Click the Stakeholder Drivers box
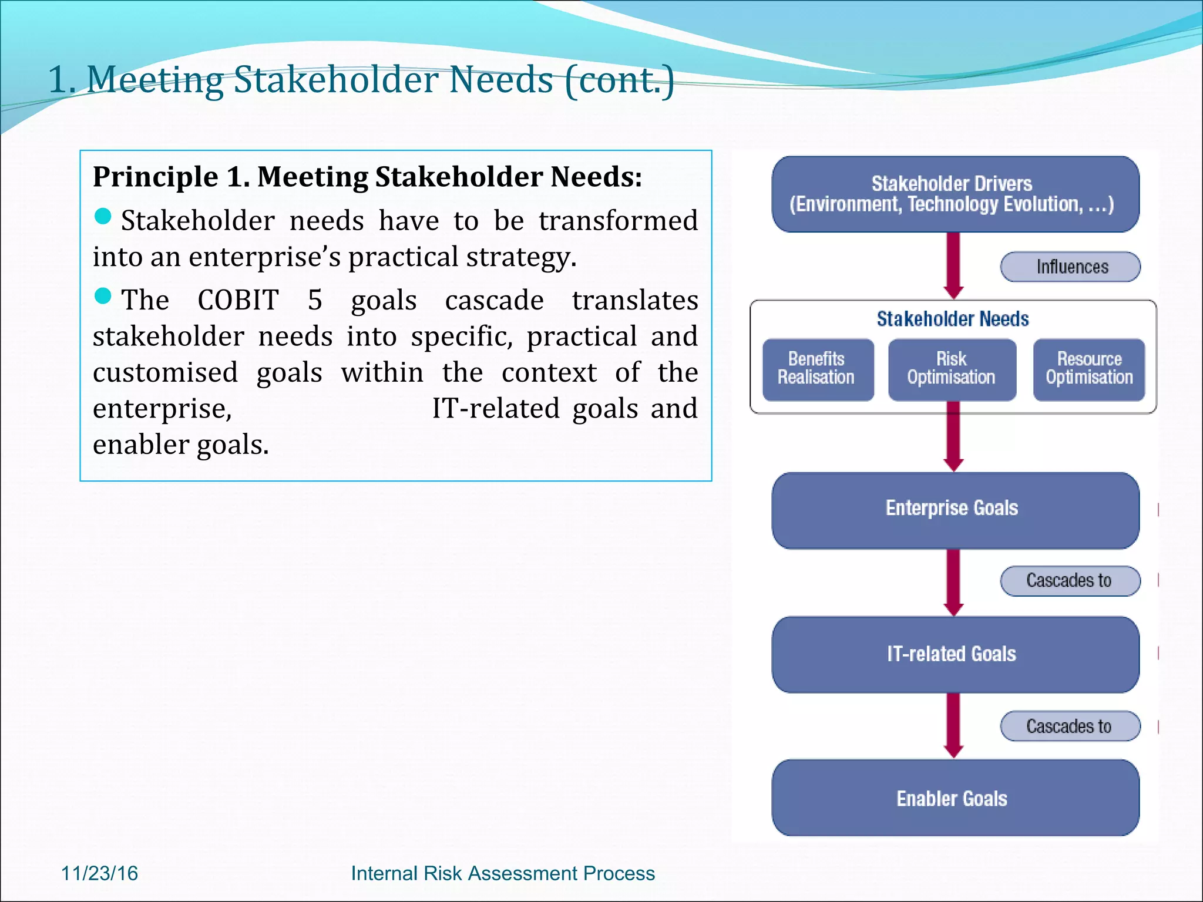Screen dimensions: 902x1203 (955, 194)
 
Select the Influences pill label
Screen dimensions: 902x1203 (1070, 267)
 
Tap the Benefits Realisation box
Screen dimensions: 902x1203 (817, 369)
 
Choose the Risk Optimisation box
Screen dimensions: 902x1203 (952, 369)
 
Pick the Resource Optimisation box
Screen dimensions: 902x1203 (1089, 369)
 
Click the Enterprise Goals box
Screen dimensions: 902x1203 (955, 509)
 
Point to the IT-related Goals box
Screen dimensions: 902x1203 (955, 654)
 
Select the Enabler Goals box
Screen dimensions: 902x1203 (955, 798)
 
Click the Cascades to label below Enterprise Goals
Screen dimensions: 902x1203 (1070, 581)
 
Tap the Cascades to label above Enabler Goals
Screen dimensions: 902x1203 (1070, 726)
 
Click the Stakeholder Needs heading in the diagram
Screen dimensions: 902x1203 (953, 319)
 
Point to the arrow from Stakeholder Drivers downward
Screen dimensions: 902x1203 (953, 264)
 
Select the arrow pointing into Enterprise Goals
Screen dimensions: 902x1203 (953, 440)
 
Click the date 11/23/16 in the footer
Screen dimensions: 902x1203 (99, 873)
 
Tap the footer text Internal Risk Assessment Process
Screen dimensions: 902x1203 (503, 873)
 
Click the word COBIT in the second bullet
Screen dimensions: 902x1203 (238, 300)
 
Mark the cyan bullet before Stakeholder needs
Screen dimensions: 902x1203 (103, 216)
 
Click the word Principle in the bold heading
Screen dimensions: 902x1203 (156, 177)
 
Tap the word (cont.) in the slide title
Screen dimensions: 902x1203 (619, 80)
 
